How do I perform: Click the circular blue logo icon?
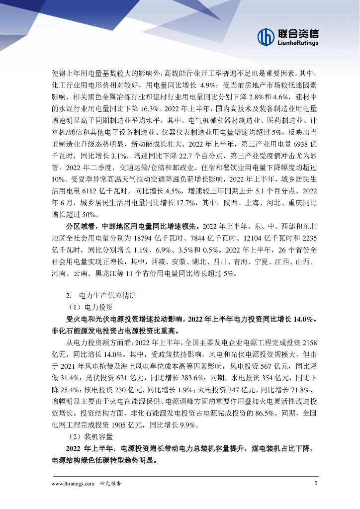pos(266,36)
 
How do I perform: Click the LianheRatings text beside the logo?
pos(298,43)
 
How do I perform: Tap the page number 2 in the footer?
pos(315,483)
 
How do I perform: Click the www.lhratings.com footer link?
pos(73,483)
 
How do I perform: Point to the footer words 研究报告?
pos(110,483)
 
